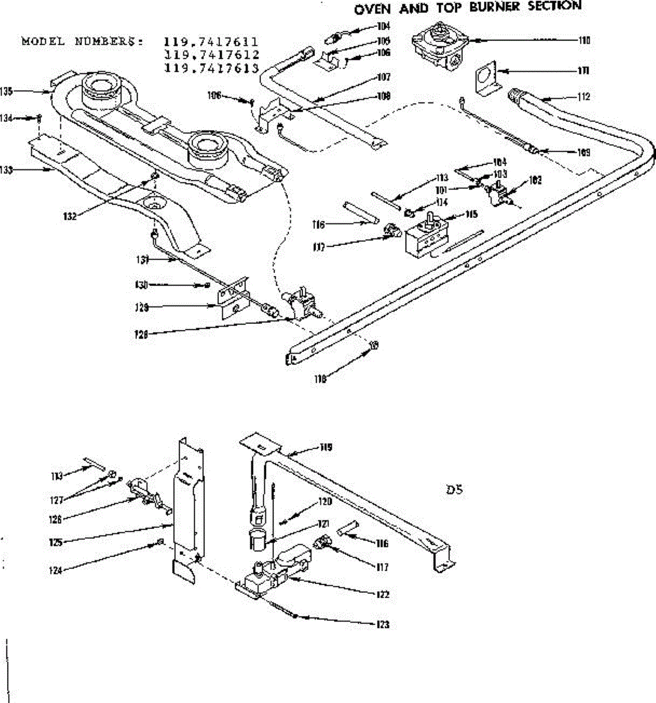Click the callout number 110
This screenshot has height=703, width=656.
tap(583, 40)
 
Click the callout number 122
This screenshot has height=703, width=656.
tap(384, 594)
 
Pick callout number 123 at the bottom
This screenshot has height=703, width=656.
tap(383, 624)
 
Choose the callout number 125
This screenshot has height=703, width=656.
tap(56, 542)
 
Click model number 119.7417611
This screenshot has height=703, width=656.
tap(211, 42)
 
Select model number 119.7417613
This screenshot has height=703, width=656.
tap(211, 68)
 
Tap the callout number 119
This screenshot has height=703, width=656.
tap(326, 447)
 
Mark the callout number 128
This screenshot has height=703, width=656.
tap(142, 335)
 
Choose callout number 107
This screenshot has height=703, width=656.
tap(384, 77)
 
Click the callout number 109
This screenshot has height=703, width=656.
tap(583, 153)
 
